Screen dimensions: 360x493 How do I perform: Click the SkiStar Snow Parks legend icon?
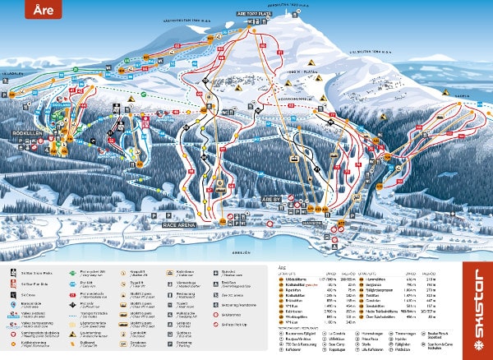[x=13, y=270]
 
